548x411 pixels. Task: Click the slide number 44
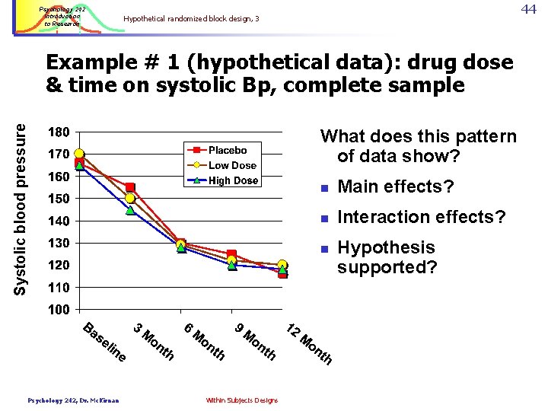[528, 8]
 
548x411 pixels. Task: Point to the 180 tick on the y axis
[59, 132]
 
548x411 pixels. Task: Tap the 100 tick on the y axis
[59, 310]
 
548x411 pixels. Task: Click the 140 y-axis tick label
[59, 221]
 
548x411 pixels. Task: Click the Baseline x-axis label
[104, 342]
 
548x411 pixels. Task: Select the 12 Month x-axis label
[309, 343]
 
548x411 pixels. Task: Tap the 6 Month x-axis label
[205, 342]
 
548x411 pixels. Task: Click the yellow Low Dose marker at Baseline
[79, 154]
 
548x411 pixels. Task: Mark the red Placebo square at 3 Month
[130, 187]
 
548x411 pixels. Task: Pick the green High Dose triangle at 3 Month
[130, 210]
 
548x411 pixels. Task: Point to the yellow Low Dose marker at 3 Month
[130, 199]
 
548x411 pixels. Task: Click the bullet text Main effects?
[395, 187]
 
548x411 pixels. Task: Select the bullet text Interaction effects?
[421, 218]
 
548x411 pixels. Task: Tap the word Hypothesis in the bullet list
[386, 248]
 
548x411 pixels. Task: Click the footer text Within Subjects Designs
[241, 400]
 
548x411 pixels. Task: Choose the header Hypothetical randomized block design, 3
[191, 18]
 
